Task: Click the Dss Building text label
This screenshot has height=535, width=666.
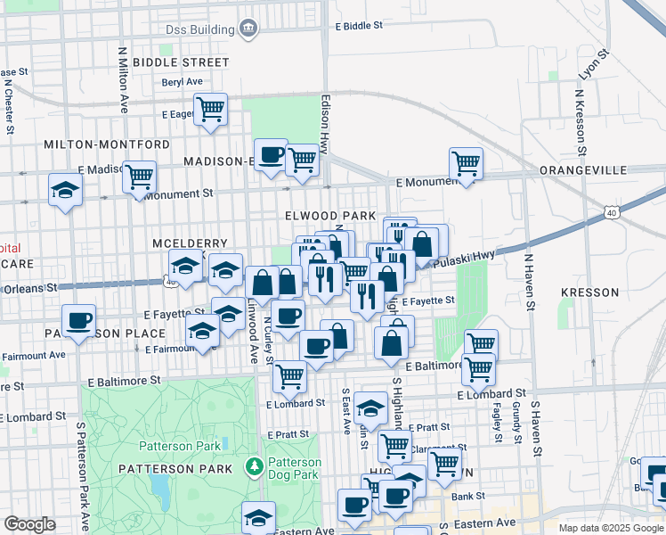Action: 199,30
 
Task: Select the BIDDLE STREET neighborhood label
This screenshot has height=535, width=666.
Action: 181,62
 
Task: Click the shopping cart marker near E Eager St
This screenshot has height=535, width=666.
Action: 210,110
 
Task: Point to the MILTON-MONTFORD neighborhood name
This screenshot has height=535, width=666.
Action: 107,144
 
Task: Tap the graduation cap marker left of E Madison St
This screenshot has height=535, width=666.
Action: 65,190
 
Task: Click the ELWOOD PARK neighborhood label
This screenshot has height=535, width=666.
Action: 330,216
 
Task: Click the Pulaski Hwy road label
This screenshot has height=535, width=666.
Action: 463,259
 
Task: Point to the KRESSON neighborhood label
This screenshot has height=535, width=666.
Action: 589,292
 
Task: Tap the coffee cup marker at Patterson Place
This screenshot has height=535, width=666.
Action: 78,321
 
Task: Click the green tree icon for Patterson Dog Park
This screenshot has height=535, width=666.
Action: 254,466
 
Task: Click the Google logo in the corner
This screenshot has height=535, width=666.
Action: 29,524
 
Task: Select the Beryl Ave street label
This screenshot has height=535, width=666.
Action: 182,81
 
